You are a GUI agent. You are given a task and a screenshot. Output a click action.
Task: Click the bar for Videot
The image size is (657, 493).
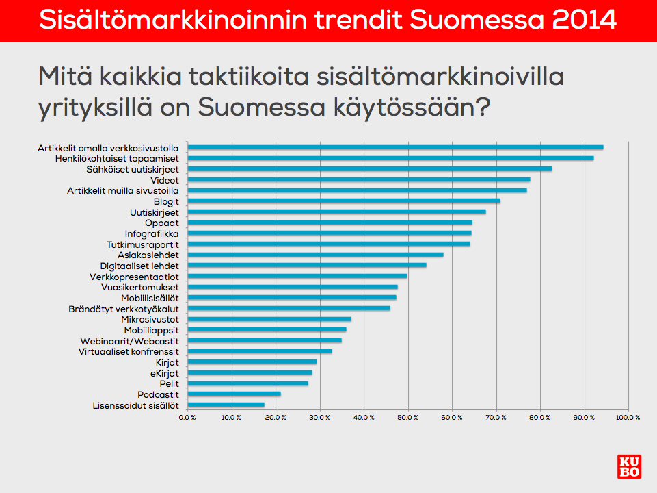tap(359, 179)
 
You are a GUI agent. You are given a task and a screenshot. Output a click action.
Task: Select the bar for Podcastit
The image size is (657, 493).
tap(234, 394)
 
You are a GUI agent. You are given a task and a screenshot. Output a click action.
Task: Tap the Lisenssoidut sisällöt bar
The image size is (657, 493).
tap(226, 405)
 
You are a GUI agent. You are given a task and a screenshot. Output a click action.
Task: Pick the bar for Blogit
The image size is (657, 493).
tap(344, 201)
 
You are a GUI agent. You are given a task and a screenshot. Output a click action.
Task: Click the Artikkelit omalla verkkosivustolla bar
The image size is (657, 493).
tap(396, 147)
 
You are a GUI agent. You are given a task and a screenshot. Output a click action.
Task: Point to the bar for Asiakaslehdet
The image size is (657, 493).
tap(316, 255)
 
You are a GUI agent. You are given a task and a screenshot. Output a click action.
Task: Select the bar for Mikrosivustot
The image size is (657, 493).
tap(269, 319)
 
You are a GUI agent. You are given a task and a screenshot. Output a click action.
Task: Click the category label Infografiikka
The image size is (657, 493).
tap(152, 234)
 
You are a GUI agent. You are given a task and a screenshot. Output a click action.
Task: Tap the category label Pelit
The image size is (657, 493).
tap(170, 384)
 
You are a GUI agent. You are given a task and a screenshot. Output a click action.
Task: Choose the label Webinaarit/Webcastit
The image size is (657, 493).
tap(129, 341)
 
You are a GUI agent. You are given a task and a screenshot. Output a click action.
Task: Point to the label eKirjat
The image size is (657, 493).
tap(165, 373)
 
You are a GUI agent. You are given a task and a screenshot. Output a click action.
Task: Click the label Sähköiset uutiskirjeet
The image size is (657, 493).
tap(133, 170)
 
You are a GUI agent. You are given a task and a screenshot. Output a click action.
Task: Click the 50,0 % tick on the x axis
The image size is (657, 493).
tap(408, 418)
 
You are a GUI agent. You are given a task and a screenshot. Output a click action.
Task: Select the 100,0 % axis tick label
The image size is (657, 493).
tap(628, 418)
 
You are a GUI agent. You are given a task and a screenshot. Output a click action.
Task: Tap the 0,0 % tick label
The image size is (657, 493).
tap(187, 418)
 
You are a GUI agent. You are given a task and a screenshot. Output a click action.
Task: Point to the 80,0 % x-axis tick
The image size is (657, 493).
tap(540, 418)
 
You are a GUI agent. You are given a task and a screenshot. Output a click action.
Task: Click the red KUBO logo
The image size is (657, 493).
tap(629, 466)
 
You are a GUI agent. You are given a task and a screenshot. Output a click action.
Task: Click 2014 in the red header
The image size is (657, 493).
tap(584, 20)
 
